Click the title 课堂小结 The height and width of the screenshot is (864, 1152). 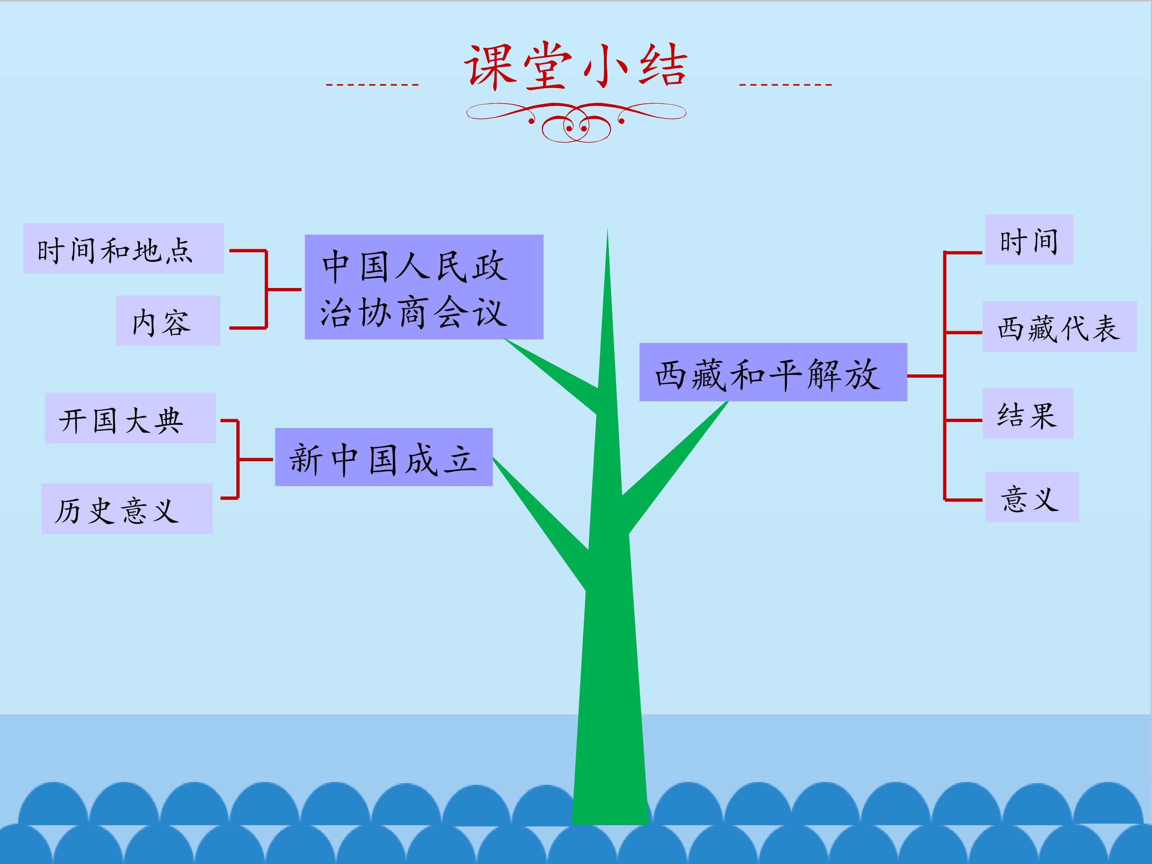tap(576, 66)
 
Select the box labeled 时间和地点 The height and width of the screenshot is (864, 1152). tap(124, 248)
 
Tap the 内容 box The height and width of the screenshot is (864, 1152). tap(168, 320)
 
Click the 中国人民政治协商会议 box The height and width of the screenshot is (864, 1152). tap(424, 287)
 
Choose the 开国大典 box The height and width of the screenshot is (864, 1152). tap(130, 418)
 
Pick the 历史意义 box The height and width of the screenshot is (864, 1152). tap(127, 508)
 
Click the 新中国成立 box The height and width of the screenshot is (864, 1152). tap(384, 457)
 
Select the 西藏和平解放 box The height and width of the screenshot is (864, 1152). tap(773, 372)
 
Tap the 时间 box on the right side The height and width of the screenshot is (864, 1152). tap(1030, 240)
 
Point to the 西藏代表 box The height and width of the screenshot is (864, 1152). tap(1060, 326)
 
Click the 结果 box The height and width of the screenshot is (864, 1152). tap(1028, 413)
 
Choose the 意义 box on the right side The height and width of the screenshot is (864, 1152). tap(1032, 497)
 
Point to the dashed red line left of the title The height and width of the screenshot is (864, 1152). tap(372, 84)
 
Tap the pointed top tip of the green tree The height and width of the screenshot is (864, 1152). tap(607, 229)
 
